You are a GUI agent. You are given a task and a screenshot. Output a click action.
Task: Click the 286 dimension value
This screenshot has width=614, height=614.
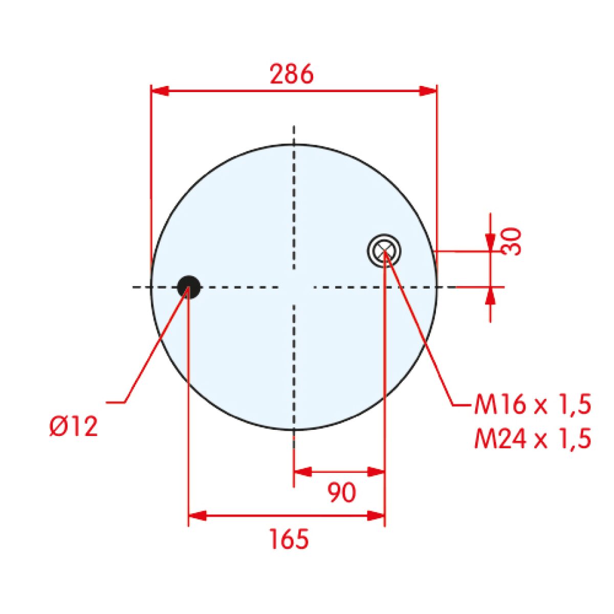pyautogui.click(x=292, y=74)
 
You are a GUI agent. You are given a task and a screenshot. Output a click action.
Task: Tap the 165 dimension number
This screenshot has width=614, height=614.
pyautogui.click(x=289, y=538)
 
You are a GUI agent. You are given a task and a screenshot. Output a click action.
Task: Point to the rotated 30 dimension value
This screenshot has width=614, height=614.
pyautogui.click(x=511, y=241)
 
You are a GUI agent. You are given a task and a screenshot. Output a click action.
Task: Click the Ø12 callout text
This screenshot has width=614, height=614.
pyautogui.click(x=73, y=426)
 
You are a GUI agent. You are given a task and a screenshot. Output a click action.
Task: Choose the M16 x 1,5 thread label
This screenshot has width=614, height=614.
pyautogui.click(x=533, y=405)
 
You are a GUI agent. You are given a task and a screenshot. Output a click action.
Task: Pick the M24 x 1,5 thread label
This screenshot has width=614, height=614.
pyautogui.click(x=533, y=438)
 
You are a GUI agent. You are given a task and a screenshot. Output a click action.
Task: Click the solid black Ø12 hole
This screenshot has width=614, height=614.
pyautogui.click(x=189, y=287)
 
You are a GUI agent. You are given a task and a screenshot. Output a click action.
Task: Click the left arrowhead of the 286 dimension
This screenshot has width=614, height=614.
pyautogui.click(x=159, y=91)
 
